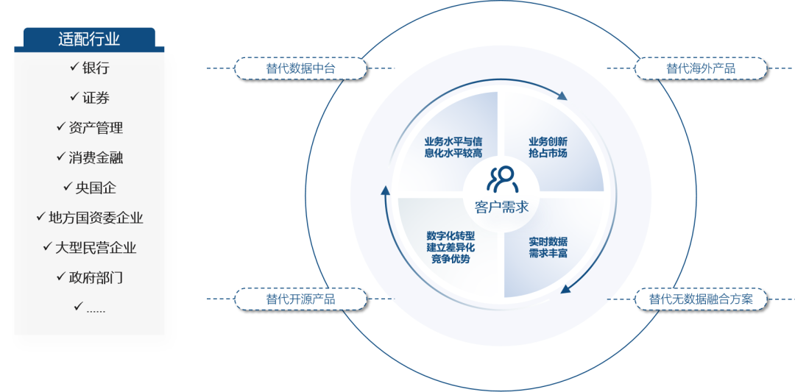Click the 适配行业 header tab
[x=89, y=38]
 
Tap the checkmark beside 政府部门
[x=61, y=277]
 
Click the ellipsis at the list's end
[x=96, y=310]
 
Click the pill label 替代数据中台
[x=300, y=68]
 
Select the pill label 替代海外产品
[x=701, y=68]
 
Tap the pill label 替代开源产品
[x=300, y=299]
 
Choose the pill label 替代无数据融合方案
[x=701, y=299]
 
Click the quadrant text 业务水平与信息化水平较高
[x=453, y=147]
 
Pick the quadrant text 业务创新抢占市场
[x=548, y=147]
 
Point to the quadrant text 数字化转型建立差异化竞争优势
[x=451, y=247]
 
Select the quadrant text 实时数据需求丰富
[x=548, y=247]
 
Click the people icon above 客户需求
[x=501, y=178]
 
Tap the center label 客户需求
[x=501, y=207]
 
